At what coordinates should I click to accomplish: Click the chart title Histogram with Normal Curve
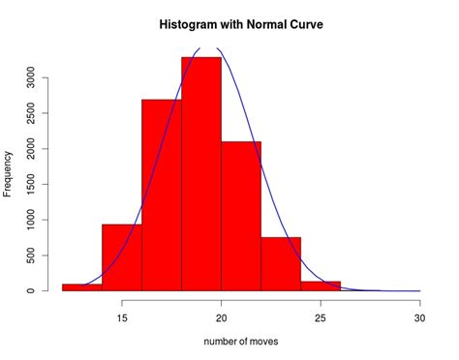tap(240, 22)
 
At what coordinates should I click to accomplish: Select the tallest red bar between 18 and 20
tap(200, 174)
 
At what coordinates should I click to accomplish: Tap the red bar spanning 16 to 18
tap(161, 194)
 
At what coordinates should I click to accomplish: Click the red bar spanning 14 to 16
tap(121, 257)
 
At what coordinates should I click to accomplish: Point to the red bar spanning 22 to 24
tap(280, 264)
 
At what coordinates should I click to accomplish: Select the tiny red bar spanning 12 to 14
tap(81, 287)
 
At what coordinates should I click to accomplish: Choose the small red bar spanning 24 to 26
tap(320, 286)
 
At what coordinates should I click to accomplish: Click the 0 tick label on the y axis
tap(31, 290)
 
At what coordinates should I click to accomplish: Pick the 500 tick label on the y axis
tap(31, 255)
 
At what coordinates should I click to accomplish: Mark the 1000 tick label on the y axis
tap(31, 220)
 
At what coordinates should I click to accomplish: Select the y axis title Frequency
tap(9, 174)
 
